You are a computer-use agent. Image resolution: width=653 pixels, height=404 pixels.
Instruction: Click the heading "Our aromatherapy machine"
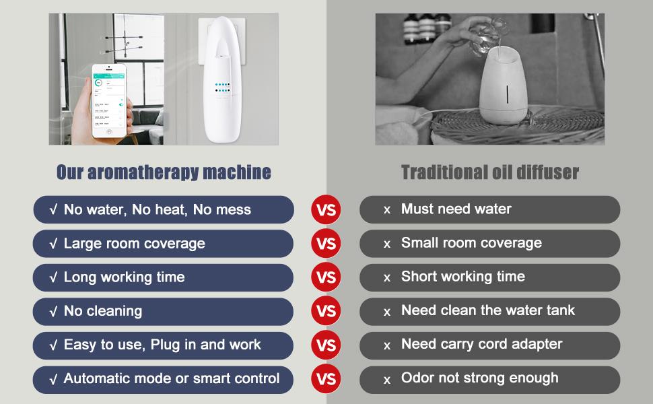(164, 172)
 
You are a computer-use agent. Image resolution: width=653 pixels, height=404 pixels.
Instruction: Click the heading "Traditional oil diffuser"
(490, 172)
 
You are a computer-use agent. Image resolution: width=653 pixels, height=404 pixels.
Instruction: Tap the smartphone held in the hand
(109, 101)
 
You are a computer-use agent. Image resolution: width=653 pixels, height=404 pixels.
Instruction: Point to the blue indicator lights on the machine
(222, 88)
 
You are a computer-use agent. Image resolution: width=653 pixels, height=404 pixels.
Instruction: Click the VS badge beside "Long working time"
(326, 277)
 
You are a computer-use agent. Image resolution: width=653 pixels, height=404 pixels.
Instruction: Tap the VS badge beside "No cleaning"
(326, 311)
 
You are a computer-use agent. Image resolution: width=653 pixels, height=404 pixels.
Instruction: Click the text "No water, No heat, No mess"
(158, 209)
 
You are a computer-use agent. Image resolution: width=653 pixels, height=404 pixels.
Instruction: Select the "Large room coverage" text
(135, 244)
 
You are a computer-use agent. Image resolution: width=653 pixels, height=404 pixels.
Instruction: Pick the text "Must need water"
(456, 209)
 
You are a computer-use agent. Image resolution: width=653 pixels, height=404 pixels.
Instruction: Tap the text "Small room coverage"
(471, 243)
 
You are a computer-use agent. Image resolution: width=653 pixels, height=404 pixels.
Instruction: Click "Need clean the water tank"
(487, 310)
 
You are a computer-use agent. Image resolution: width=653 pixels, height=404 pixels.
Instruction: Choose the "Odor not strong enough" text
(480, 378)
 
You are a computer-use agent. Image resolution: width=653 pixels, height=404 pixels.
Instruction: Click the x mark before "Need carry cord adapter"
(387, 345)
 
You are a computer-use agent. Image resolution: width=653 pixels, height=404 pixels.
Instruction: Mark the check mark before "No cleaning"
(53, 312)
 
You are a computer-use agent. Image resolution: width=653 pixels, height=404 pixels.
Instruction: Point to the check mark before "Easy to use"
(53, 345)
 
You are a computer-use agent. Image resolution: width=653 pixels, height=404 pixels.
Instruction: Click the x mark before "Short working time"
(387, 278)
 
